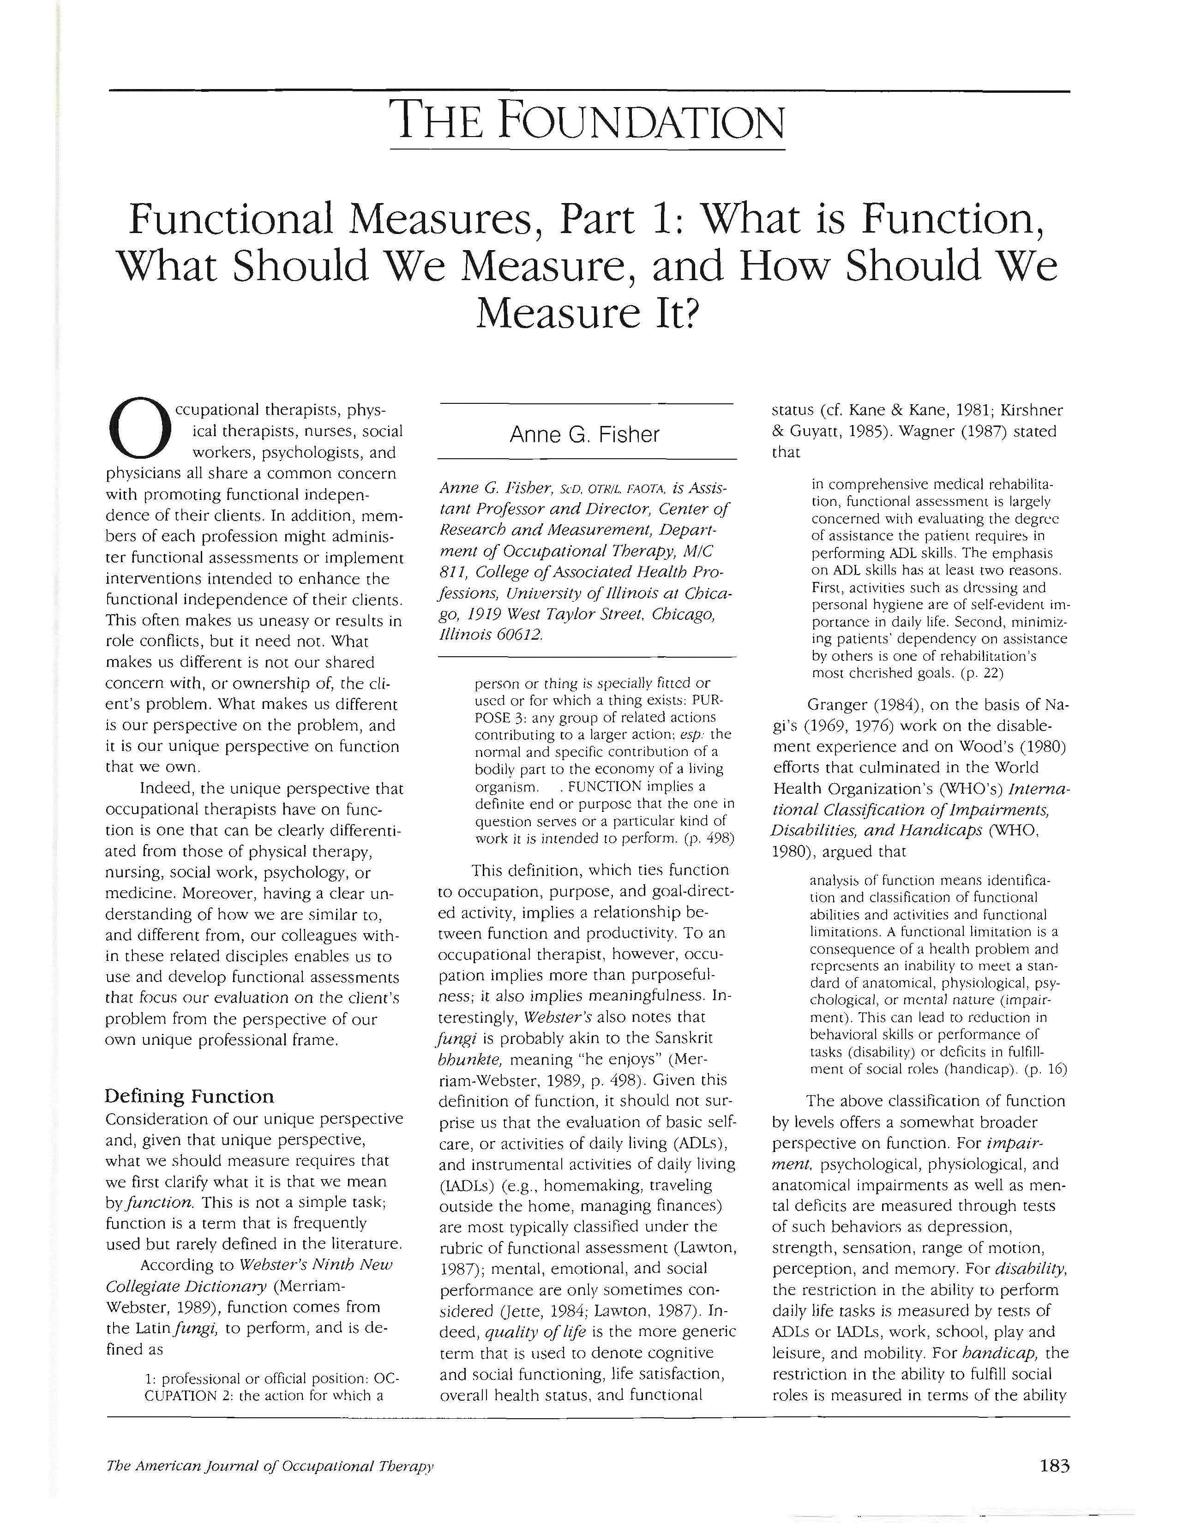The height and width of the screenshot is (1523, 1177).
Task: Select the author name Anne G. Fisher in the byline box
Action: (584, 435)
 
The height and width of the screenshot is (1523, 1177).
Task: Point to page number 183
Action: (1054, 1464)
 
